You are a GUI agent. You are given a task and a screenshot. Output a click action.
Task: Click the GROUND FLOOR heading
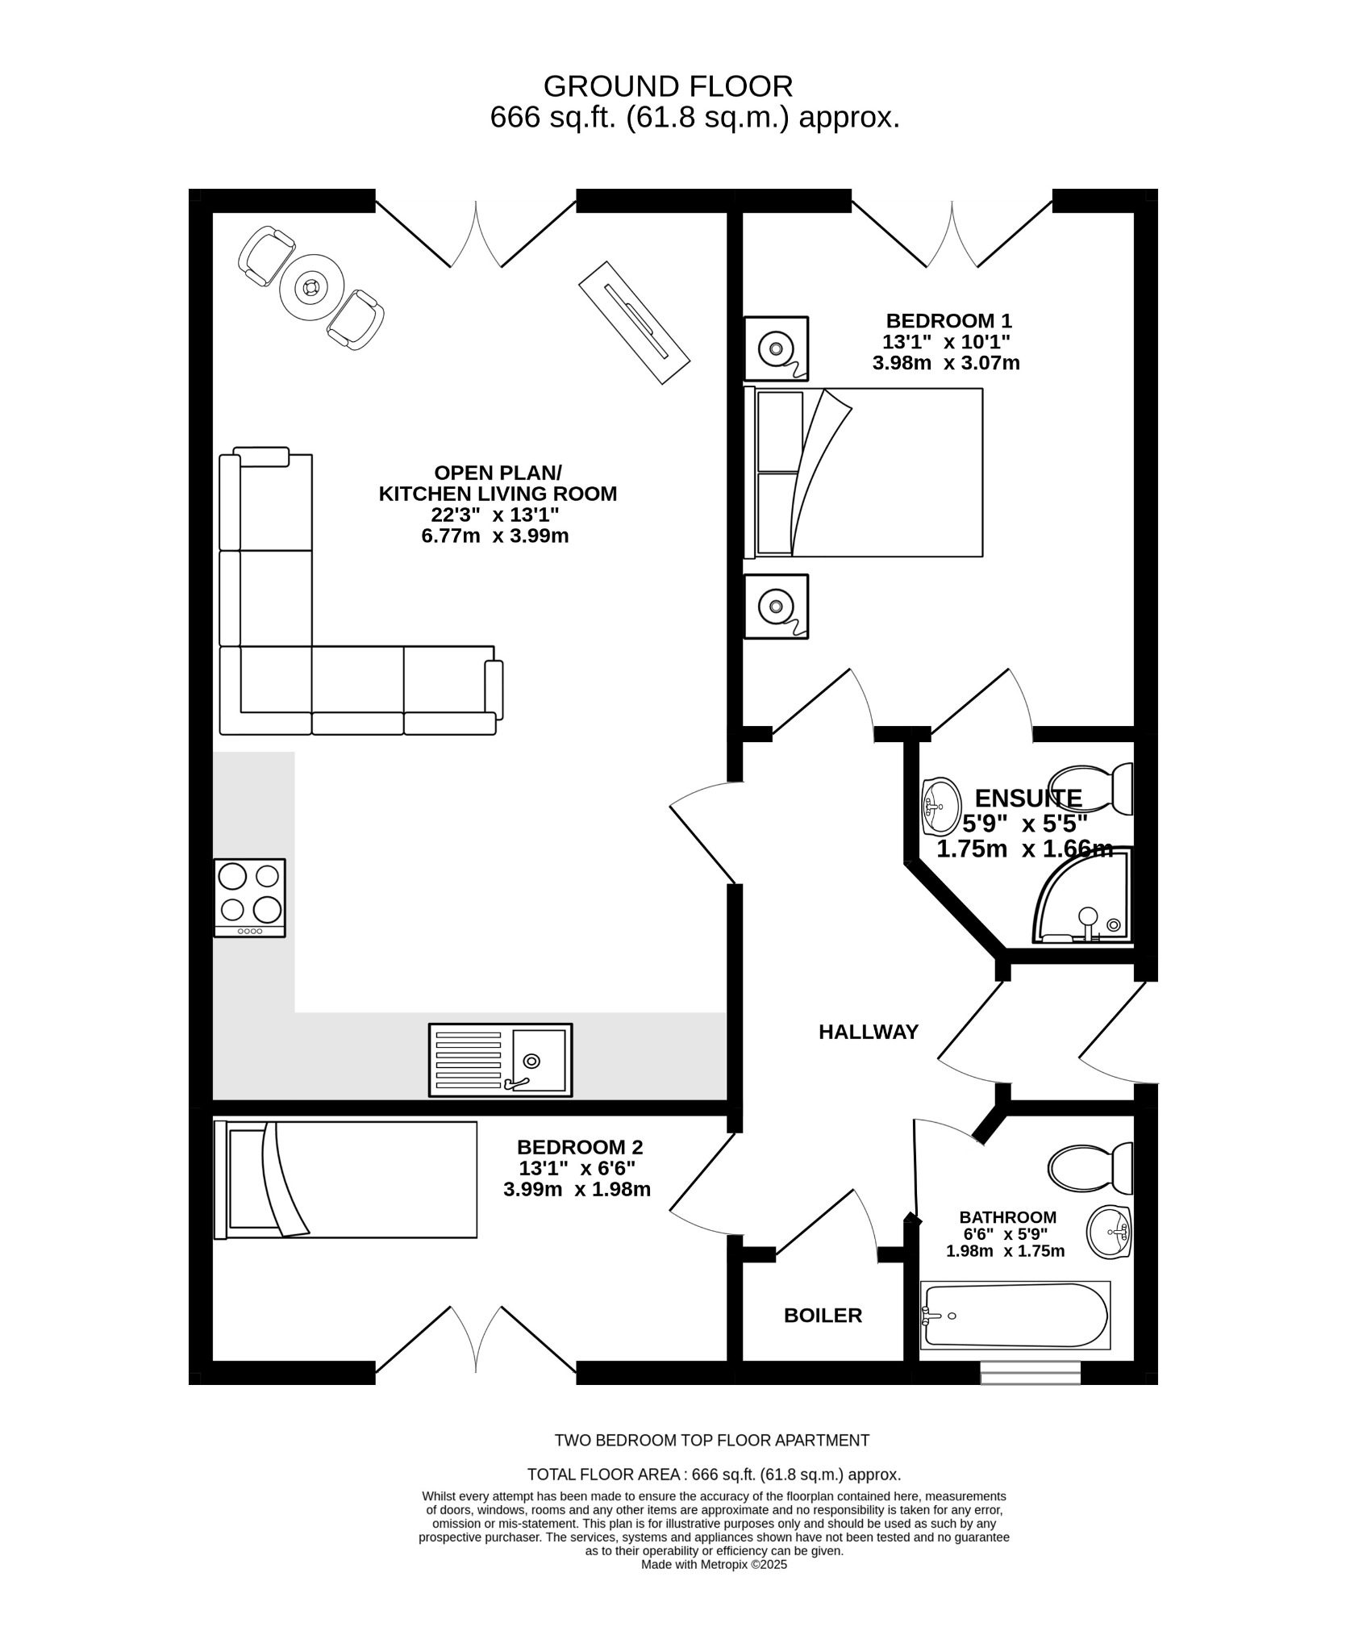668,86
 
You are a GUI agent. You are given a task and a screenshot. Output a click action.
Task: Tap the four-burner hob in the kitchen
249,897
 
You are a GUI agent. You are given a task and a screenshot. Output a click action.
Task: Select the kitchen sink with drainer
500,1060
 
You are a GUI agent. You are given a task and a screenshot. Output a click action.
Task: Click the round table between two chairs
311,286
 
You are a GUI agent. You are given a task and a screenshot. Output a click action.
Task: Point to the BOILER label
823,1316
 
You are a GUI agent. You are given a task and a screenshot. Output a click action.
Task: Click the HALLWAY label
868,1032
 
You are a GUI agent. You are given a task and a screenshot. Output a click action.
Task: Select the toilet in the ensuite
1092,789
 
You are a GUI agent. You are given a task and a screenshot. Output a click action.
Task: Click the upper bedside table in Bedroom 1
776,348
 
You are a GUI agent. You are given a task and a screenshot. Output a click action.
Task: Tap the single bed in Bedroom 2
345,1179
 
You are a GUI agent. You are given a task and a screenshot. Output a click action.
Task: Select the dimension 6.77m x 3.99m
495,536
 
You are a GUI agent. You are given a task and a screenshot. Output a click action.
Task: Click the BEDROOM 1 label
948,320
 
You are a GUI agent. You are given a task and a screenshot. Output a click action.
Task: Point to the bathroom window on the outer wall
1030,1372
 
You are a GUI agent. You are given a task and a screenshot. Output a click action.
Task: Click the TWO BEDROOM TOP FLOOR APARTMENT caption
711,1440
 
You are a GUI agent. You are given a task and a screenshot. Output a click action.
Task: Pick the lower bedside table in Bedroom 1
776,607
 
